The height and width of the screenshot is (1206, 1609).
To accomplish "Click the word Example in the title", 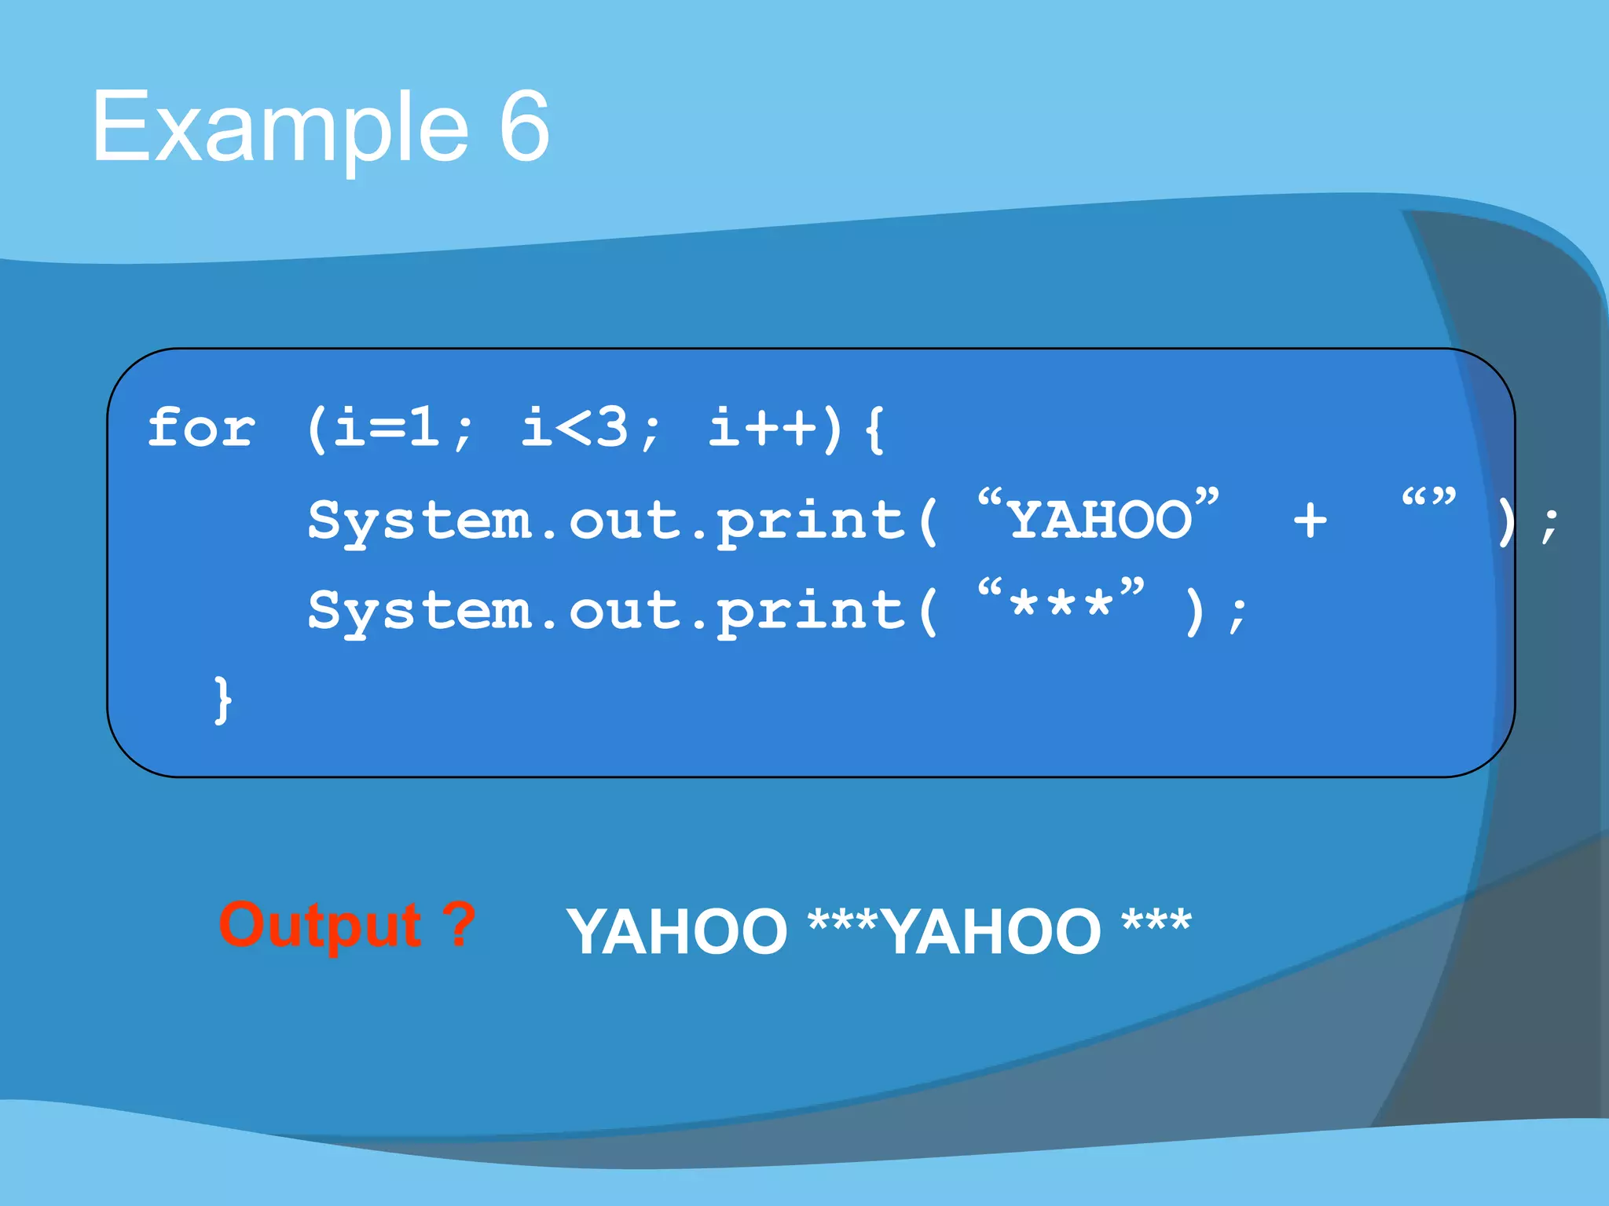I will pyautogui.click(x=280, y=127).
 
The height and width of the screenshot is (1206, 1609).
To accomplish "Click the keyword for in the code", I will pyautogui.click(x=202, y=429).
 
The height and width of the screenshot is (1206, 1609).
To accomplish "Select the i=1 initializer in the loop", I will pyautogui.click(x=385, y=429).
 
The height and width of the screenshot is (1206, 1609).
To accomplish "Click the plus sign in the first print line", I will pyautogui.click(x=1310, y=520).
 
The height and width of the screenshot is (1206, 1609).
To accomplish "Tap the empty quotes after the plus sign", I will pyautogui.click(x=1428, y=499).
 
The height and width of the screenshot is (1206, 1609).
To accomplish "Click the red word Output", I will pyautogui.click(x=321, y=925).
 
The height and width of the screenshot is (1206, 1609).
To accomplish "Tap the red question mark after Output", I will pyautogui.click(x=458, y=923).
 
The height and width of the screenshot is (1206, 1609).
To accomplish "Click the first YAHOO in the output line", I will pyautogui.click(x=677, y=931).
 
